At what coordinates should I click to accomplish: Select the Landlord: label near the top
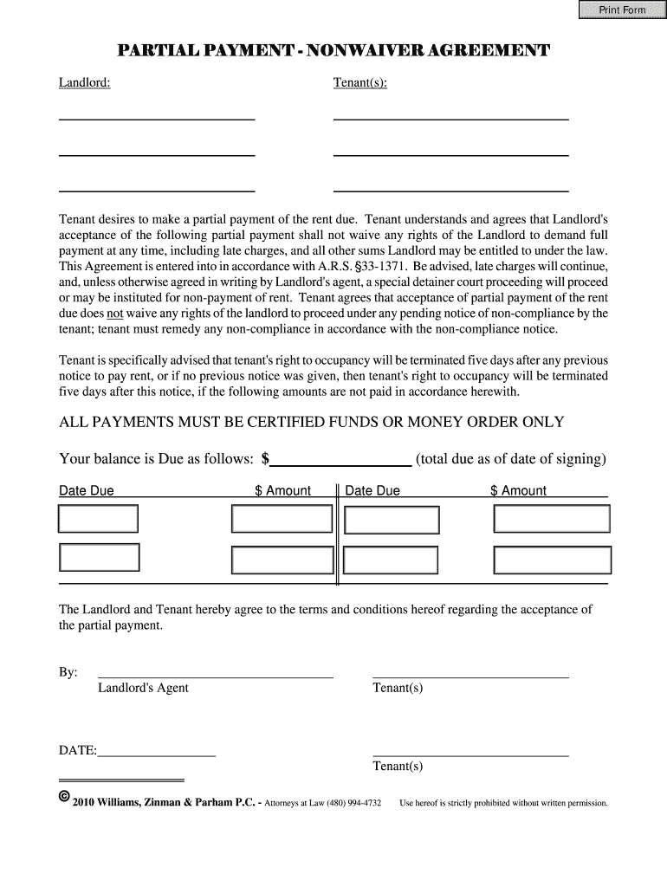[x=84, y=82]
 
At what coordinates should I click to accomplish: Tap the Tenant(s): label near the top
[x=360, y=82]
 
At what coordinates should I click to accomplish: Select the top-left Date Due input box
[x=98, y=518]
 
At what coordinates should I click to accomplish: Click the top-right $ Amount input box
[x=552, y=518]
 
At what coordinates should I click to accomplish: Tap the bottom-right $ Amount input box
[x=552, y=559]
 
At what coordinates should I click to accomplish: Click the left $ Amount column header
[x=282, y=491]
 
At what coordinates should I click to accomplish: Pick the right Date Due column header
[x=372, y=491]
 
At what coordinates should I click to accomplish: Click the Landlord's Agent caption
[x=143, y=688]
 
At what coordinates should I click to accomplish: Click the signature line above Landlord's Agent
[x=215, y=677]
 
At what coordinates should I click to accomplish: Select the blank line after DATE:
[x=157, y=755]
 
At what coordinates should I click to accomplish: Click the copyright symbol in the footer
[x=64, y=797]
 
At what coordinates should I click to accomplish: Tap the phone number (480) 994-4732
[x=354, y=803]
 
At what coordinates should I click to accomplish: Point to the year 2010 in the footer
[x=83, y=803]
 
